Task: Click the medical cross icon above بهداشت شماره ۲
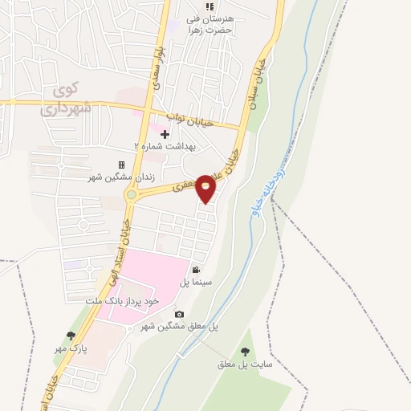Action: (165, 134)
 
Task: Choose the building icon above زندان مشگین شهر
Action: (122, 165)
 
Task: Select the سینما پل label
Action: (195, 283)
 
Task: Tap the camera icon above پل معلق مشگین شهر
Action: (179, 314)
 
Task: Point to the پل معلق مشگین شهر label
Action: (180, 327)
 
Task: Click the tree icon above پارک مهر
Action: (71, 336)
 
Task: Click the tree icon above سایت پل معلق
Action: (245, 352)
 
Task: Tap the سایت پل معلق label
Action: (245, 364)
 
